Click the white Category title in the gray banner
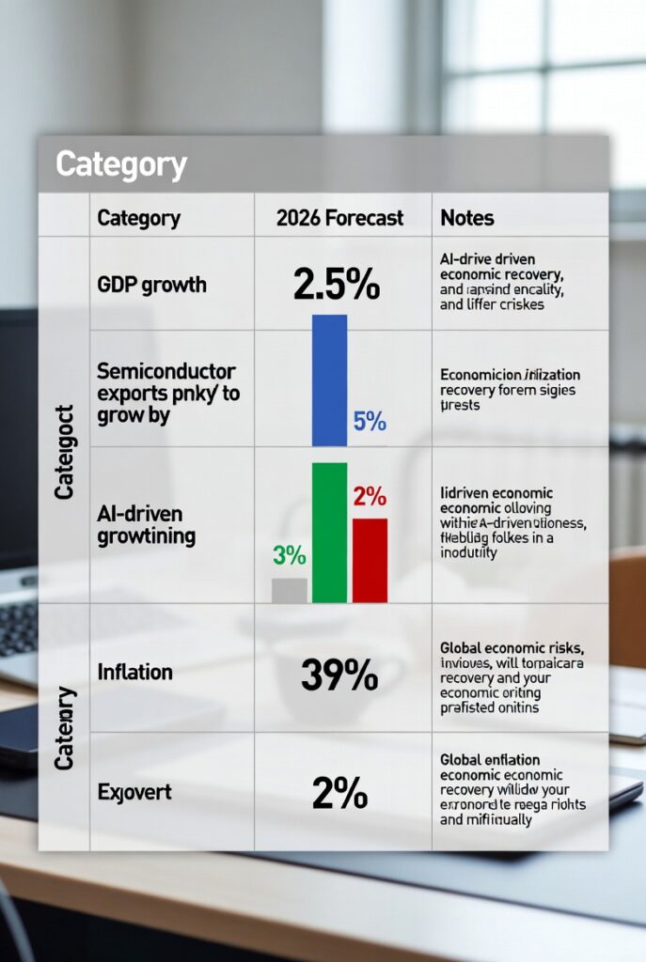click(121, 164)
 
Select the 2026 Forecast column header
click(339, 218)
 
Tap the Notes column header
click(466, 218)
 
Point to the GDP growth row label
click(151, 285)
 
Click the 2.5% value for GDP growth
click(337, 283)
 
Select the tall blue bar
click(329, 380)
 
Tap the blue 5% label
click(370, 422)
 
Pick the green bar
click(329, 532)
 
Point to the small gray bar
click(289, 590)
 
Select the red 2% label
click(370, 496)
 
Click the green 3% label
click(290, 555)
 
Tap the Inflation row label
click(134, 673)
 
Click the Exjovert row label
click(134, 792)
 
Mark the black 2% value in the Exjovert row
click(339, 794)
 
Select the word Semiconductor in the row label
click(165, 371)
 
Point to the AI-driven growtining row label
click(146, 525)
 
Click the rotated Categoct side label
click(64, 452)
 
